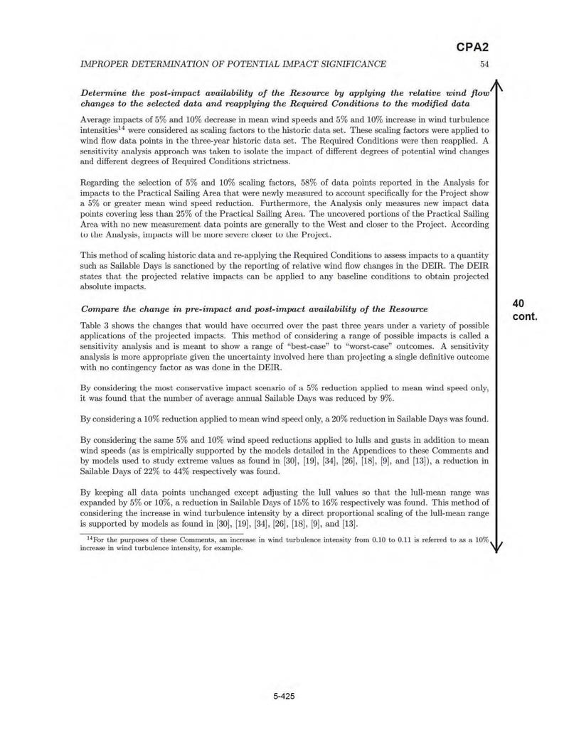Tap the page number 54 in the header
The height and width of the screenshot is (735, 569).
pyautogui.click(x=484, y=64)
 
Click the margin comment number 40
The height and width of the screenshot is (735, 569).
pyautogui.click(x=519, y=303)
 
